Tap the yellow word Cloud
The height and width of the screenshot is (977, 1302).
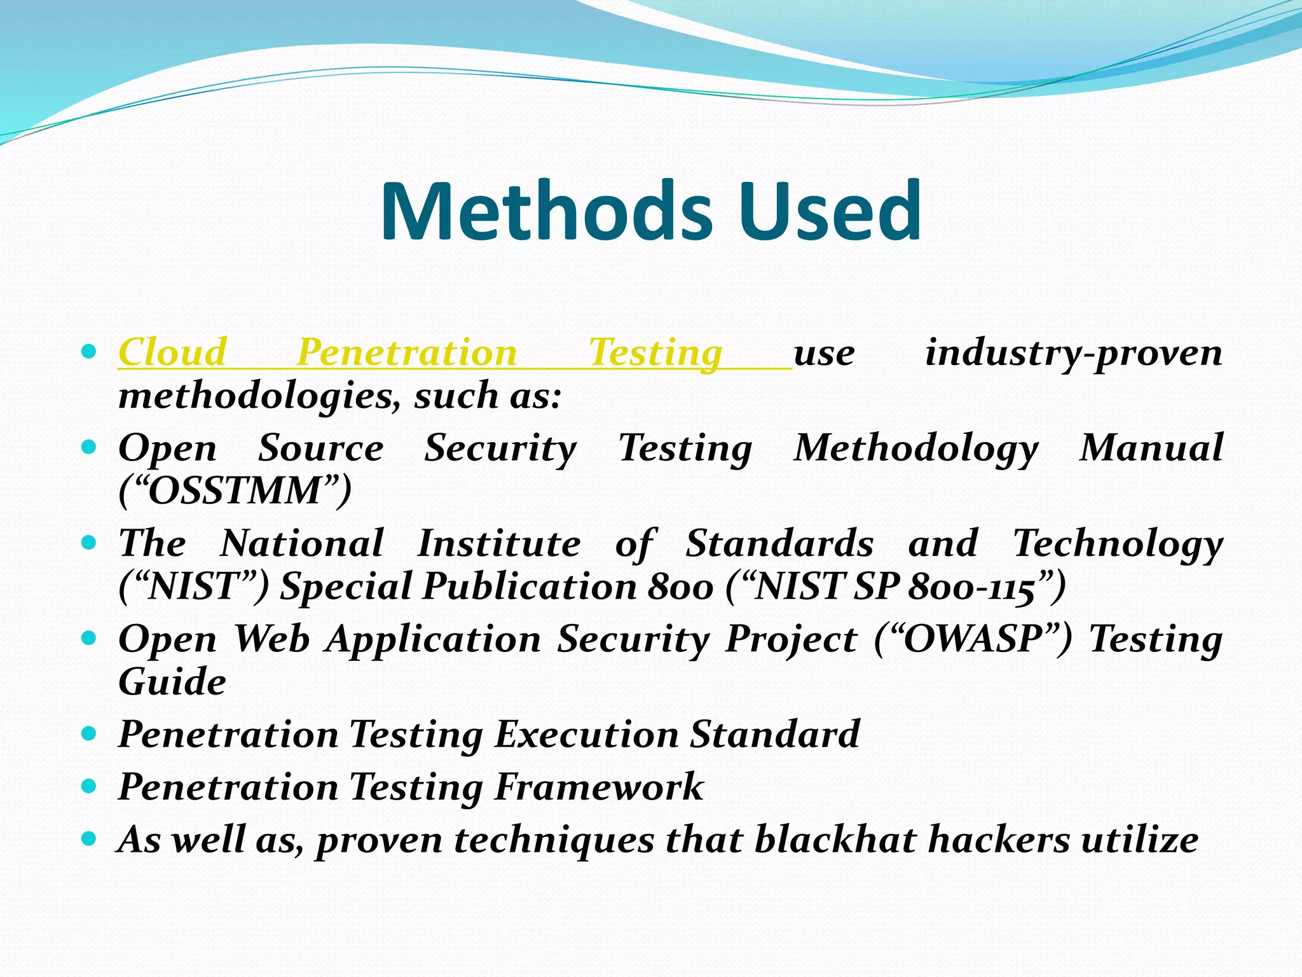tap(172, 352)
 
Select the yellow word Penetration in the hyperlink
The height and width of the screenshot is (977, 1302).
tap(407, 352)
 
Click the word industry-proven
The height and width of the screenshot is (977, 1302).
tap(1073, 352)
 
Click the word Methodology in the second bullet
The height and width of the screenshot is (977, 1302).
tap(915, 448)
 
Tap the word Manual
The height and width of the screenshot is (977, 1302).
tap(1151, 448)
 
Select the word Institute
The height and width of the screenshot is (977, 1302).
tap(498, 543)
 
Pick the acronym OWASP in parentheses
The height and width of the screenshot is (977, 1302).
tap(973, 639)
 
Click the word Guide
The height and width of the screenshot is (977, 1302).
tap(172, 682)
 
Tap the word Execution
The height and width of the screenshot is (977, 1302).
tap(586, 734)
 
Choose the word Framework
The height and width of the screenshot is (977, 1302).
tap(599, 787)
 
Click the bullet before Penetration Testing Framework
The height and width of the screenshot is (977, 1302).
tap(89, 787)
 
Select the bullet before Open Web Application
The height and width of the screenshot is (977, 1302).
tap(89, 638)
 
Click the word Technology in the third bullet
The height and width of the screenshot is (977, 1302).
tap(1118, 543)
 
